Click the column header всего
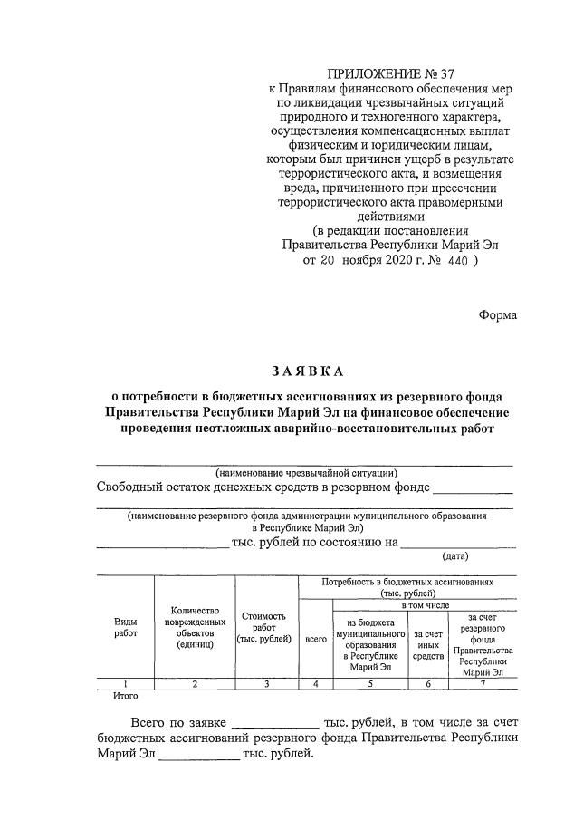(315, 638)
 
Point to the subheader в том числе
(425, 604)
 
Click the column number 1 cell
(125, 684)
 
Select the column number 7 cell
(483, 684)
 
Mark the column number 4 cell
(315, 684)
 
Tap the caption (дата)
(454, 555)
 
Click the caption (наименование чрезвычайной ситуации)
(306, 472)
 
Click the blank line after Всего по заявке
(275, 727)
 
